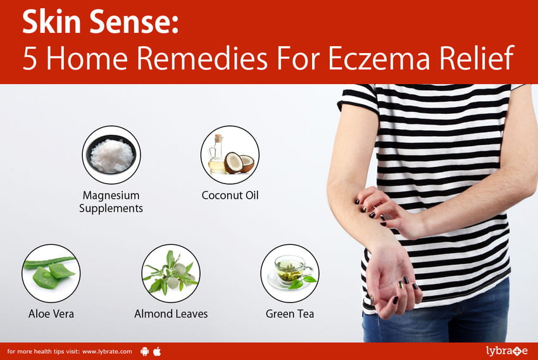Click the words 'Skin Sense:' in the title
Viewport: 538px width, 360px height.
coord(100,22)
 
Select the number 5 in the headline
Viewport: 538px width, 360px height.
coord(30,58)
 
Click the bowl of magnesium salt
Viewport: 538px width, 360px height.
coord(111,155)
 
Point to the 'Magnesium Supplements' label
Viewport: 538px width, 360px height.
coord(111,202)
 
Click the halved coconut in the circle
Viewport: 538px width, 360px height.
coord(239,163)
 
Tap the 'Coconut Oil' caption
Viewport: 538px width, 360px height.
coord(230,195)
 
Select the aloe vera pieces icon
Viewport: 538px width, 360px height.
coord(51,273)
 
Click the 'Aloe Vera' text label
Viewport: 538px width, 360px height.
coord(51,314)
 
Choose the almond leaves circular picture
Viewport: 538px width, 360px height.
coord(171,273)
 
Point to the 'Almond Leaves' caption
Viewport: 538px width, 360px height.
coord(171,314)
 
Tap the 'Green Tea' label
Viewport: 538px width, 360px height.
coord(290,314)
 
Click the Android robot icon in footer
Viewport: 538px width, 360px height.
coord(145,351)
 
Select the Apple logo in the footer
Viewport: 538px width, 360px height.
coord(157,351)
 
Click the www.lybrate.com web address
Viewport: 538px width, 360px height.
coord(107,351)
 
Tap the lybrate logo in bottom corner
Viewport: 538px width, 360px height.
coord(507,351)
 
